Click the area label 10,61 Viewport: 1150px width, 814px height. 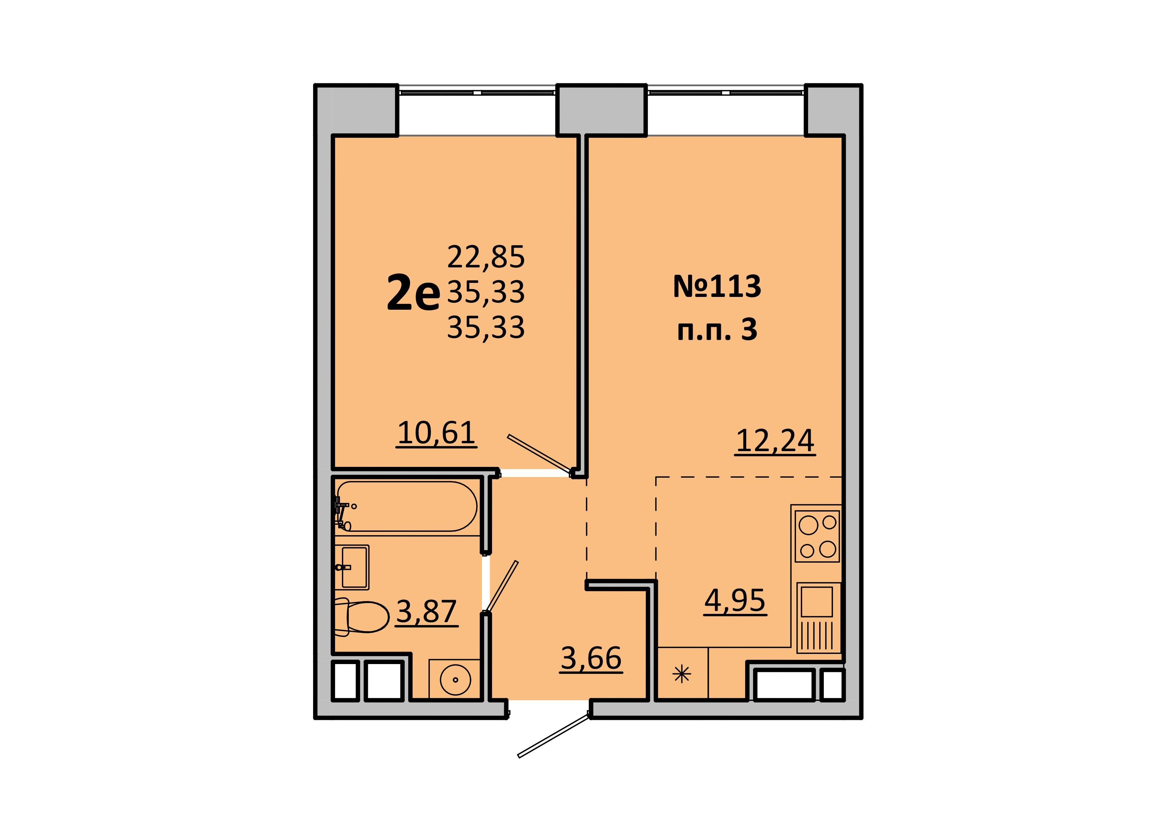pos(436,433)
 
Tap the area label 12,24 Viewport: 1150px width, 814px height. pos(775,441)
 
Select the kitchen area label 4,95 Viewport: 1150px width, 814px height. pos(735,600)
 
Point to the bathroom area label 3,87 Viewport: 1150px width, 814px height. pos(427,612)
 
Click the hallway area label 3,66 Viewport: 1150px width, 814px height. pos(591,658)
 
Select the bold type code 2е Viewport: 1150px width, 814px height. pos(413,295)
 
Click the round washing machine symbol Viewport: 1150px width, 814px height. pos(455,680)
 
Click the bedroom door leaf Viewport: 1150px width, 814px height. pos(541,454)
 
